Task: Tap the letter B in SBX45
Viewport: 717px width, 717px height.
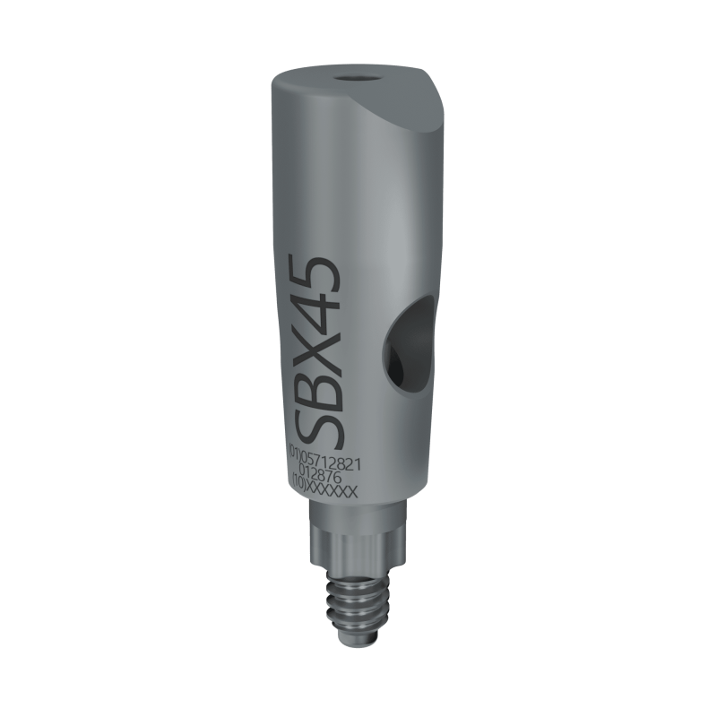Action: tap(316, 379)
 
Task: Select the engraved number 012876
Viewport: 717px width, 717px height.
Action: tap(320, 477)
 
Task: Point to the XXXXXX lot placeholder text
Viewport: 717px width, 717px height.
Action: tap(332, 491)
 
